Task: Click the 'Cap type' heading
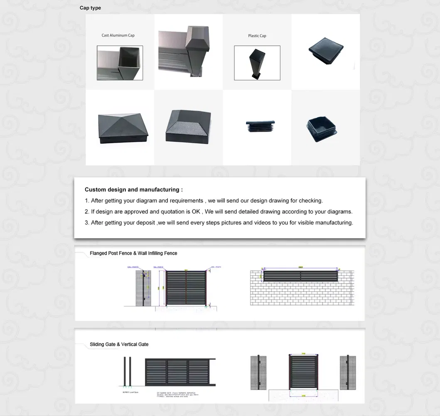[90, 8]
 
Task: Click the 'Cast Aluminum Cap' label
[118, 35]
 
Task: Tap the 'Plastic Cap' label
[257, 36]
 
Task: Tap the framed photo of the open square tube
[120, 63]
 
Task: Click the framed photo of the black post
[257, 63]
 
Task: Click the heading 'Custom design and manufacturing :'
[133, 190]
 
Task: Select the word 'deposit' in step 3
[146, 223]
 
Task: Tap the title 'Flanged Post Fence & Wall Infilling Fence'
[133, 253]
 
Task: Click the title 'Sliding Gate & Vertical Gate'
[119, 344]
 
